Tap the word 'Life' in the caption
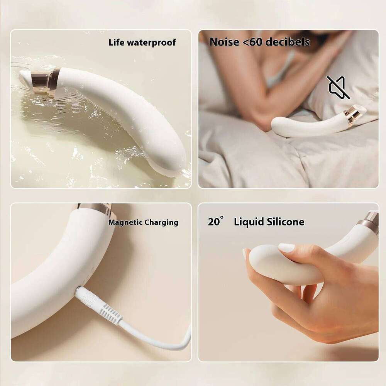click(117, 42)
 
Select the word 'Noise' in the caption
click(224, 42)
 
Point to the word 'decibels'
click(289, 42)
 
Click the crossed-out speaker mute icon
click(339, 87)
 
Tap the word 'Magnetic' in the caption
click(125, 222)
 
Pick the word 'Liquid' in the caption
click(248, 222)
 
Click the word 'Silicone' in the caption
click(285, 222)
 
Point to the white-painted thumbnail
click(287, 247)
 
